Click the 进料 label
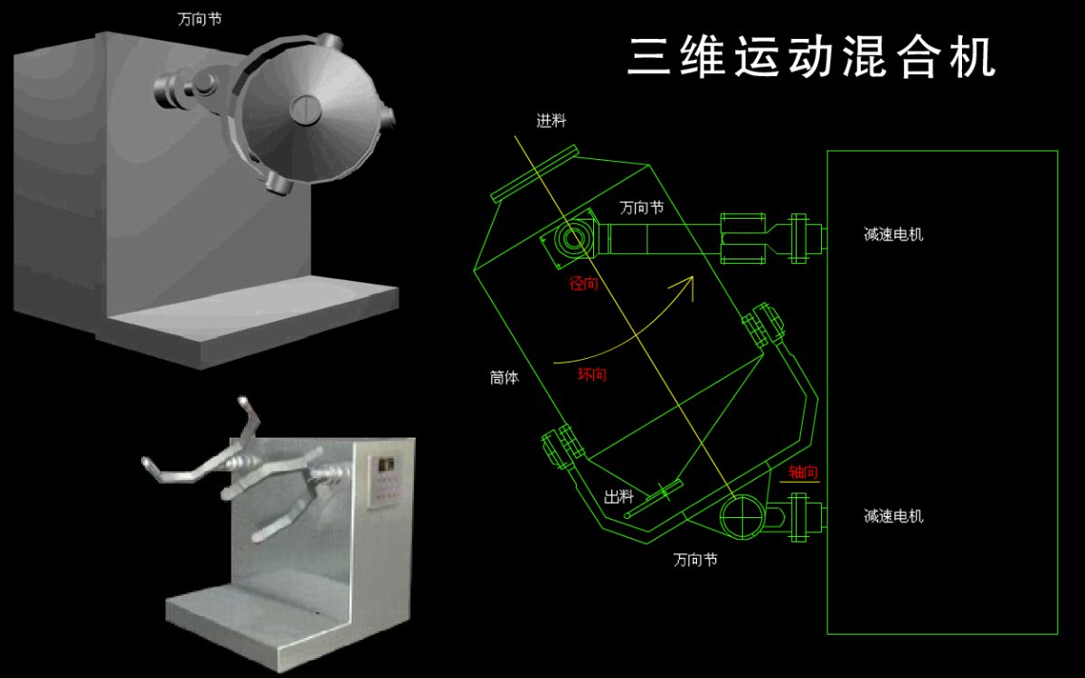coord(552,121)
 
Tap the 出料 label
coord(618,496)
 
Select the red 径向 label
coord(584,284)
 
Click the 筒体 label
coord(505,379)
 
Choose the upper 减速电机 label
coord(893,235)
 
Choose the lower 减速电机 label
coord(893,516)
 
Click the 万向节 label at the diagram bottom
coord(695,560)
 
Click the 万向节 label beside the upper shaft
coord(641,207)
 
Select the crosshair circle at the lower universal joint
coord(740,517)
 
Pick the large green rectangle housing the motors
coord(942,392)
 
